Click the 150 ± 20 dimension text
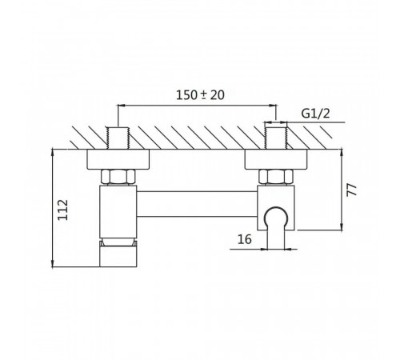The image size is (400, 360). (200, 95)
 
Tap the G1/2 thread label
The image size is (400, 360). (315, 114)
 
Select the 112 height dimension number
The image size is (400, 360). (63, 210)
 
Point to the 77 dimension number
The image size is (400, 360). (351, 190)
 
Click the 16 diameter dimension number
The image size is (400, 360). (245, 239)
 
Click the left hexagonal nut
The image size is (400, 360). (118, 177)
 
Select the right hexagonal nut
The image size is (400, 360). (276, 177)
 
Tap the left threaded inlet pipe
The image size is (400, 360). (118, 138)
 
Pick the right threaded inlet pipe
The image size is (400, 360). (276, 138)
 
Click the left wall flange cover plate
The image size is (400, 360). (118, 159)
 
